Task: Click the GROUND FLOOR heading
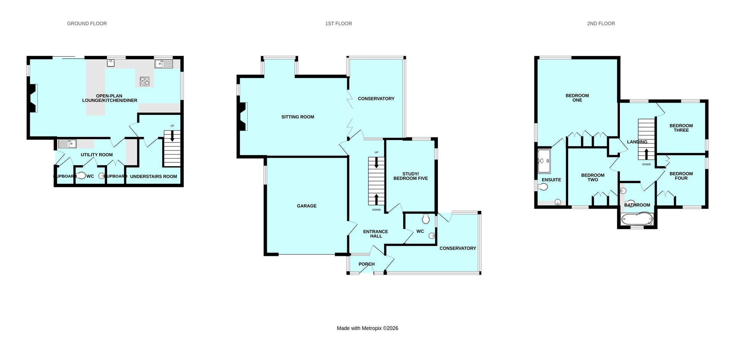[87, 23]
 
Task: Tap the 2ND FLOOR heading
[601, 23]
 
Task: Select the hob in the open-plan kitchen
[145, 81]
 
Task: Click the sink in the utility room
[67, 144]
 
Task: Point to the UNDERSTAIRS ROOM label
[154, 177]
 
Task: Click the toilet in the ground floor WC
[81, 176]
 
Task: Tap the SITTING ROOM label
[297, 117]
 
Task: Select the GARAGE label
[307, 206]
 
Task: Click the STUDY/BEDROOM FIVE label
[410, 176]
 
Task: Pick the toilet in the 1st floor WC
[426, 219]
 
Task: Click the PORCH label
[366, 264]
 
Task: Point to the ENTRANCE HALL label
[376, 234]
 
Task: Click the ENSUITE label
[551, 180]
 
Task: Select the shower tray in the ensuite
[544, 161]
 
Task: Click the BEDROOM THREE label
[681, 128]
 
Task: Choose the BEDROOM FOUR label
[681, 176]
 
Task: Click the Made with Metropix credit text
[367, 328]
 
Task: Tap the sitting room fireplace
[243, 117]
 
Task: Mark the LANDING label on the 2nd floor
[637, 142]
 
